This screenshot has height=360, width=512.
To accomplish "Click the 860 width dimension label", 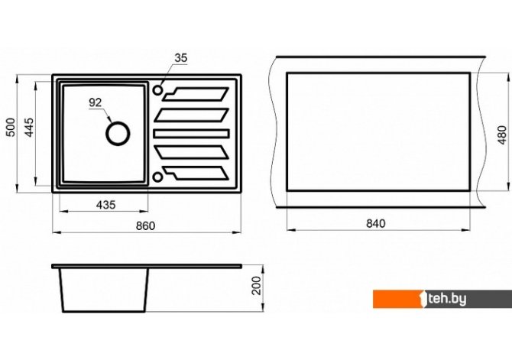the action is tap(146, 225).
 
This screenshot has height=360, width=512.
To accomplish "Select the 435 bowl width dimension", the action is tap(105, 205).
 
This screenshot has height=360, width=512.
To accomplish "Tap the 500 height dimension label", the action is tap(11, 127).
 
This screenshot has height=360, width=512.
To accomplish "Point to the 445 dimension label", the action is tap(29, 127).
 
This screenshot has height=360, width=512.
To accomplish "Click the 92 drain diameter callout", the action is tap(96, 102).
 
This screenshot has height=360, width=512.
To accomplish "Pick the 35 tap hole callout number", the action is tap(181, 58).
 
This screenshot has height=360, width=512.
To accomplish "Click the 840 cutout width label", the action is tap(376, 223).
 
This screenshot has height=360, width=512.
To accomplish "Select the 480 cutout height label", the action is tap(503, 135).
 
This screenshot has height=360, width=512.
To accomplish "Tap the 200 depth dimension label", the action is tap(258, 286).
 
